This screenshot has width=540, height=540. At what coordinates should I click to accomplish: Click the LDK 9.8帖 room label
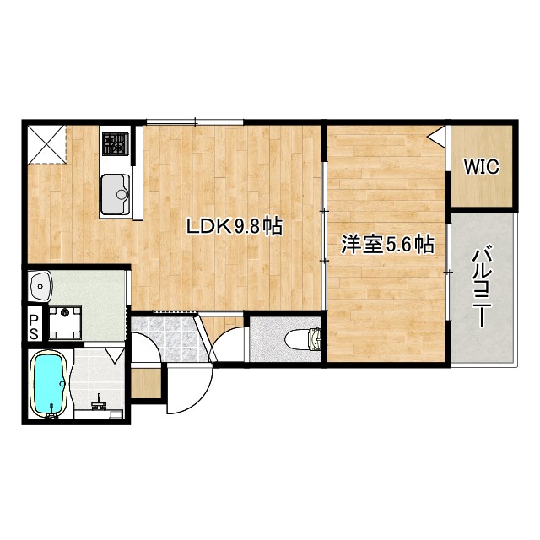(234, 226)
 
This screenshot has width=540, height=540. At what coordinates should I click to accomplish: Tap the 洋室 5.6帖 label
(387, 245)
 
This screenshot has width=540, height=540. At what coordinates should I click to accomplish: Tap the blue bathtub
(49, 385)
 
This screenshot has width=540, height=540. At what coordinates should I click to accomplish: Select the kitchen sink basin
(116, 193)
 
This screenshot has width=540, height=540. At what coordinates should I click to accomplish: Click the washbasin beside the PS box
(40, 288)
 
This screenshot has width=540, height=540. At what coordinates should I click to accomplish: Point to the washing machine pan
(65, 321)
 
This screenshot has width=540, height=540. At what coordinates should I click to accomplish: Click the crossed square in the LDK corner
(46, 143)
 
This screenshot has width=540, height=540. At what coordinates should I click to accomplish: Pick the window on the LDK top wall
(195, 123)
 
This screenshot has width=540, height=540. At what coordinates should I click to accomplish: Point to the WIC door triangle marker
(438, 135)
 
